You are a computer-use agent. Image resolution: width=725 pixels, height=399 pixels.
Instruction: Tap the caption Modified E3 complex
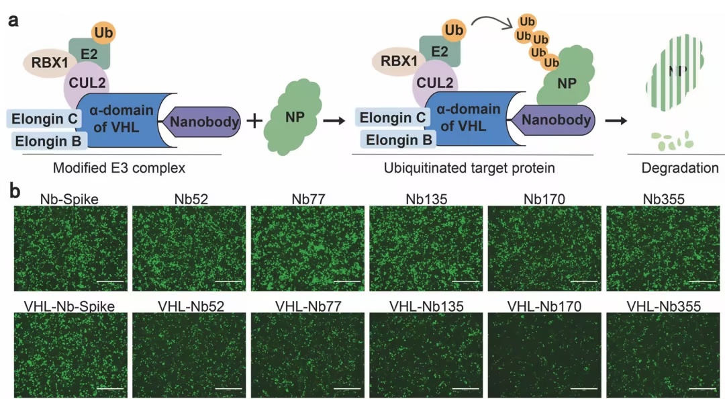[x=119, y=167]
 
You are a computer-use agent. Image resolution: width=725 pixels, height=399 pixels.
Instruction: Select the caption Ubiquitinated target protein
[x=469, y=167]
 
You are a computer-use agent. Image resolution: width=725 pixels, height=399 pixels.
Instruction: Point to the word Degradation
[x=679, y=167]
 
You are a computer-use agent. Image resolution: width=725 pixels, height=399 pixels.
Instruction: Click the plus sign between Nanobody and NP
[x=254, y=122]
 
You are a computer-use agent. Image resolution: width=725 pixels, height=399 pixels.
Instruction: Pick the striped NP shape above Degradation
[x=675, y=73]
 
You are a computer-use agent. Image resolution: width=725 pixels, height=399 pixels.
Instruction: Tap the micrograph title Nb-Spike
[x=69, y=199]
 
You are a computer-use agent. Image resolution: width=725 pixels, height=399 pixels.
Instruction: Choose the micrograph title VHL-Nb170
[x=544, y=306]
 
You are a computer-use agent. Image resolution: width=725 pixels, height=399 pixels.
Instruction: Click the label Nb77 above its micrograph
[x=308, y=199]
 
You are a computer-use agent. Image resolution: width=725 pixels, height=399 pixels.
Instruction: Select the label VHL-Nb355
[x=663, y=306]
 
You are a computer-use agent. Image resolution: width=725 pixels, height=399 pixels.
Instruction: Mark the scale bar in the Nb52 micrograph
[x=228, y=281]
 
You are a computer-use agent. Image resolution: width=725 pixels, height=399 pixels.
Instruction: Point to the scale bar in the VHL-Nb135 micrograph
[x=466, y=388]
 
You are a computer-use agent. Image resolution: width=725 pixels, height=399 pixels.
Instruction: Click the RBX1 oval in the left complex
[x=50, y=62]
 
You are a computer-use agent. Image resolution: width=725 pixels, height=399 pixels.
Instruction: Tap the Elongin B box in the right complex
[x=399, y=140]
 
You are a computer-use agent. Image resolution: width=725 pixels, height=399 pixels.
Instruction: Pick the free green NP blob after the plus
[x=293, y=117]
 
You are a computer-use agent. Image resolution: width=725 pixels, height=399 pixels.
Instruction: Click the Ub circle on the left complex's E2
[x=103, y=33]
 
